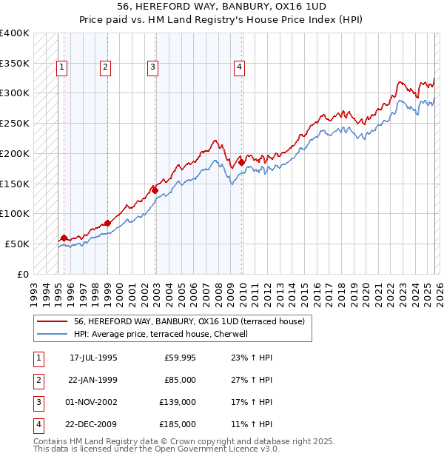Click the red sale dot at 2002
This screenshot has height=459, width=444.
point(155,190)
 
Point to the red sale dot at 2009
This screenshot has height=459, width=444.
point(242,162)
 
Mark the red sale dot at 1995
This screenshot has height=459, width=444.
point(64,238)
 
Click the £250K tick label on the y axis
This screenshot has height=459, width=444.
point(14,123)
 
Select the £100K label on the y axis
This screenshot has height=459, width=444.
point(14,213)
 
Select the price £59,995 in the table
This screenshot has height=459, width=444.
point(180,358)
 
